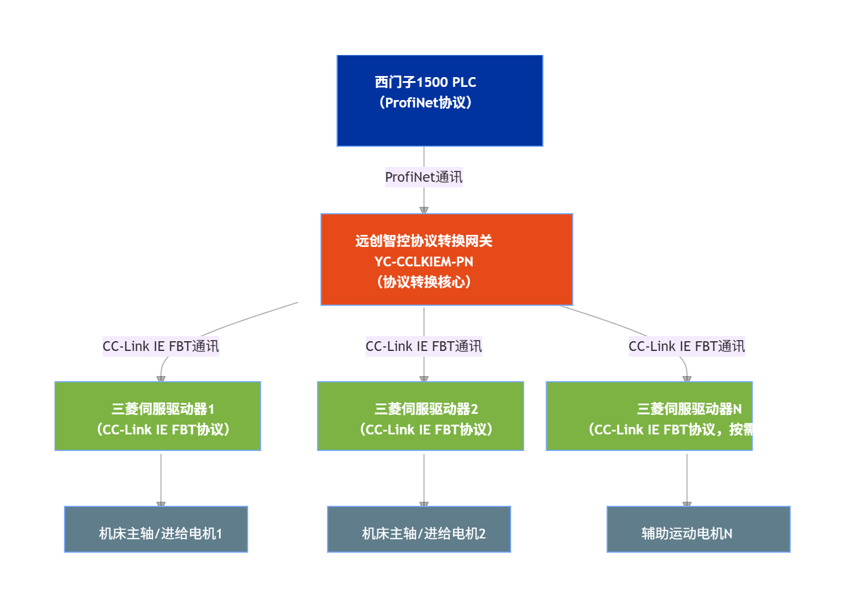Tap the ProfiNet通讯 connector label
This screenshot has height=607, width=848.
(424, 177)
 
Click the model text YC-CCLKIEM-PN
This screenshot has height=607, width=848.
(424, 262)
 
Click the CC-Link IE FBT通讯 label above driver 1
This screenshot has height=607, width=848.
(161, 346)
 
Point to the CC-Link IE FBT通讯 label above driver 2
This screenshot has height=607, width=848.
(424, 346)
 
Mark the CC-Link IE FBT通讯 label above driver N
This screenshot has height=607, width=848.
(687, 346)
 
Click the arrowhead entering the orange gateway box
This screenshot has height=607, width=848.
(424, 210)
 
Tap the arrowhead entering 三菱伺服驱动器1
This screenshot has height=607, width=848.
(161, 378)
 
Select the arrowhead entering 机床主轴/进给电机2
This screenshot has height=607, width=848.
(424, 504)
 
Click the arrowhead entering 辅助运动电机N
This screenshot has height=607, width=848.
(687, 504)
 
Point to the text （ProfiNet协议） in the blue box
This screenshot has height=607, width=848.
(425, 103)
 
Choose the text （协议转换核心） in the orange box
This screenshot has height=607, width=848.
(424, 282)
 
